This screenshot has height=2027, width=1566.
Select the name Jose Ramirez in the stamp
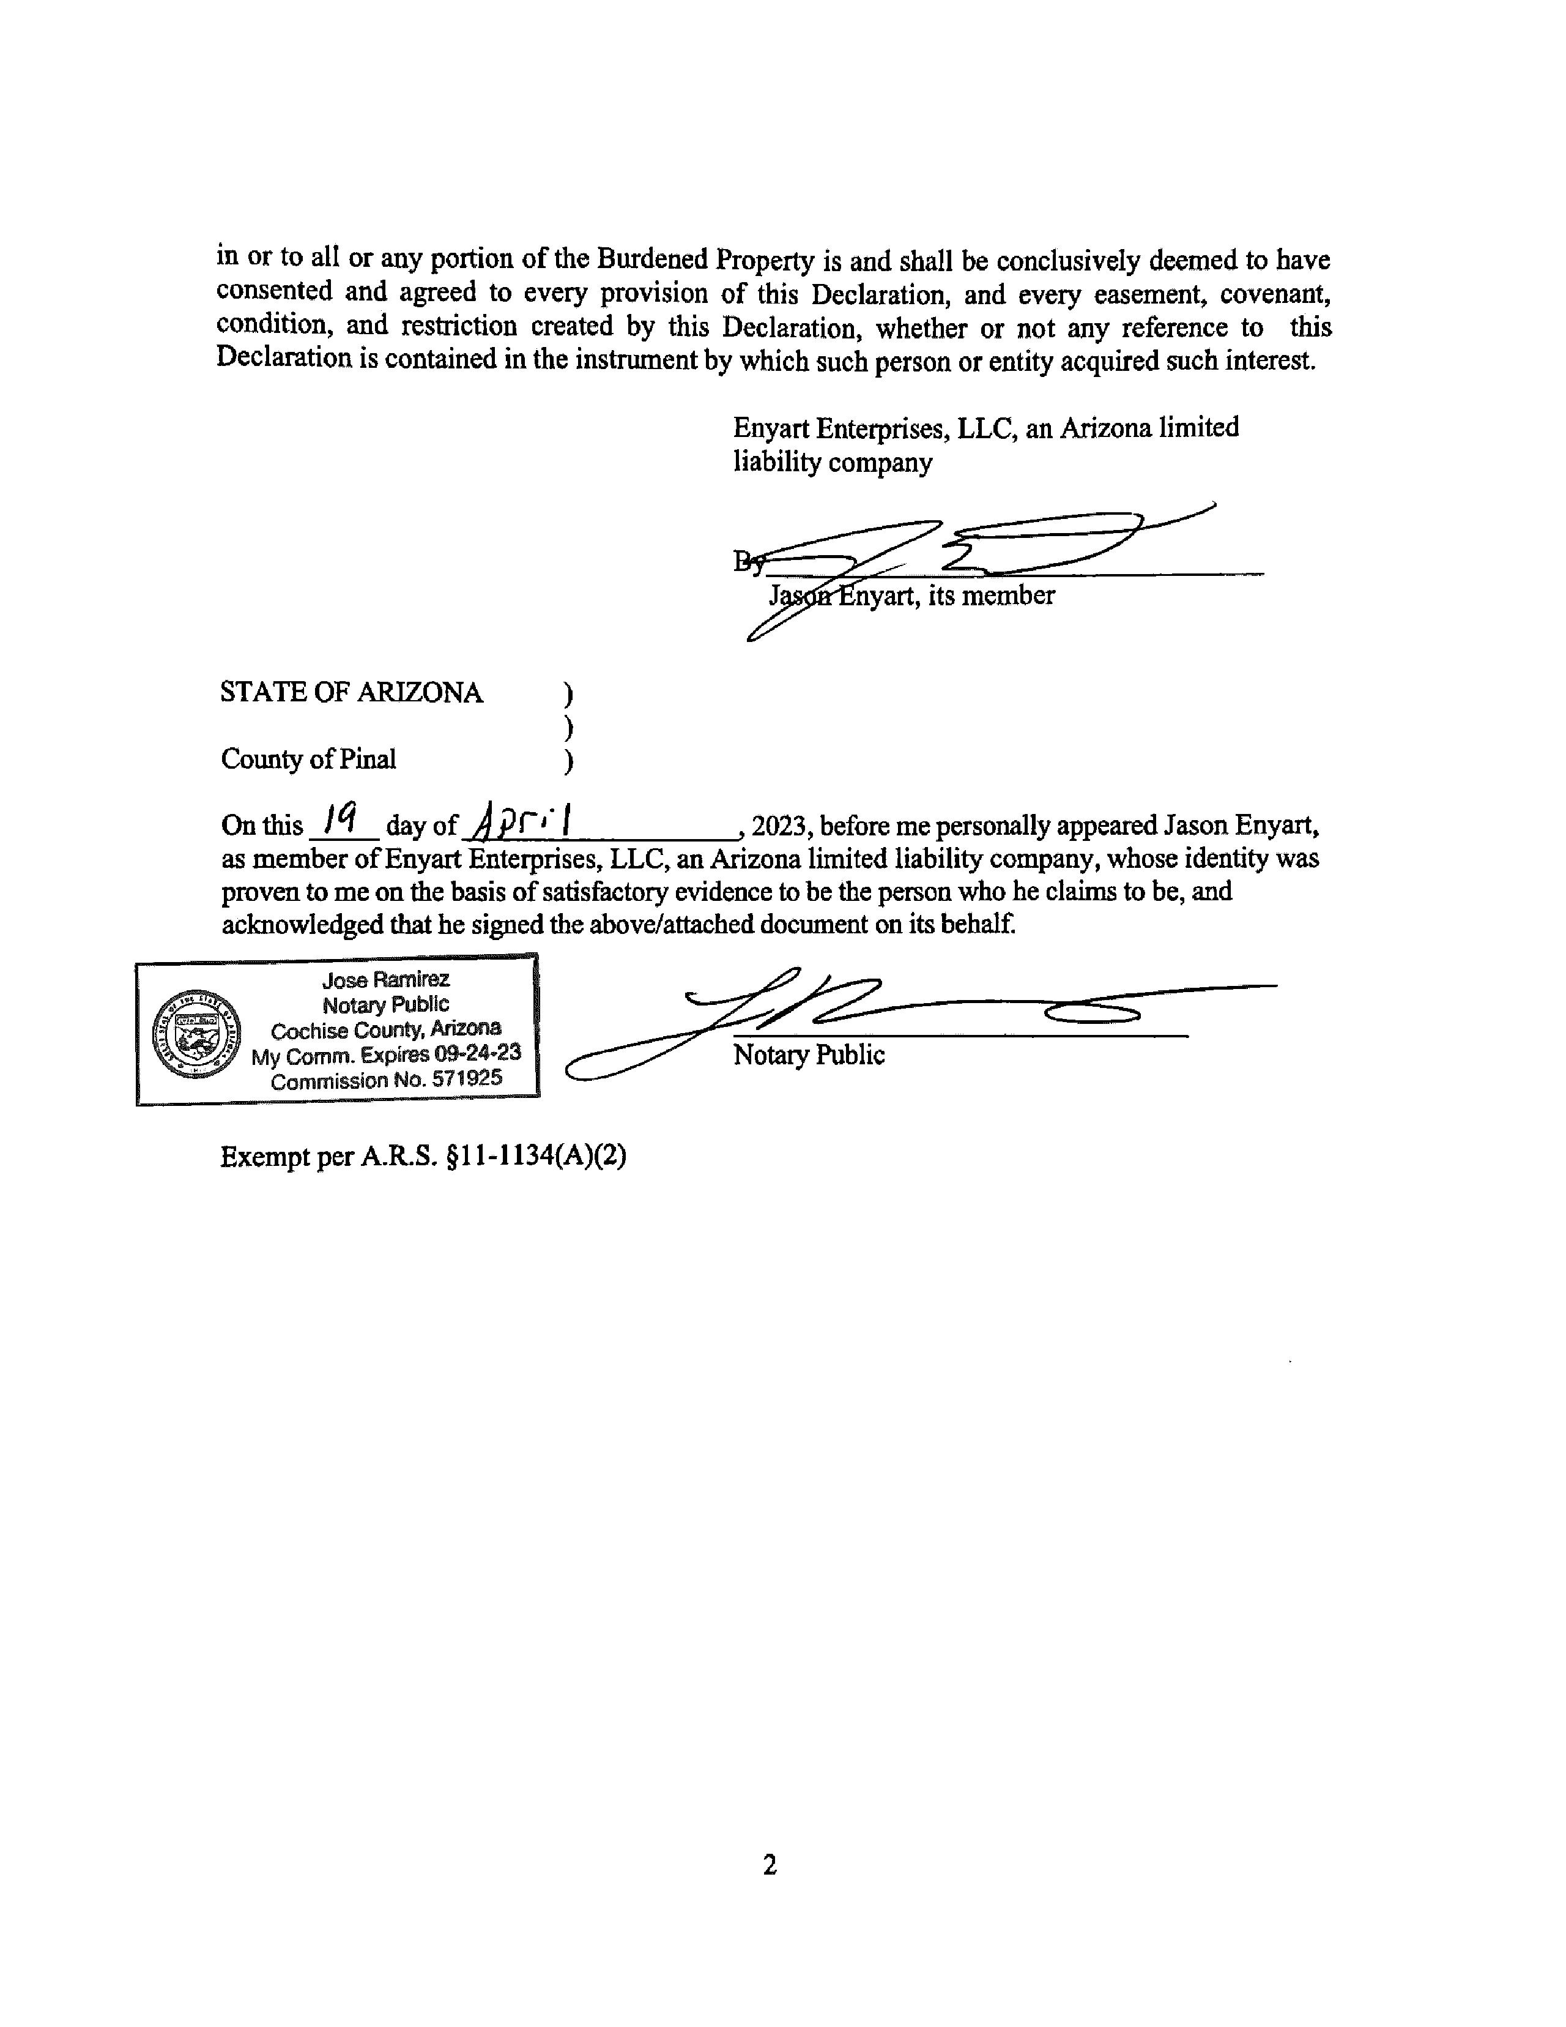[x=386, y=979]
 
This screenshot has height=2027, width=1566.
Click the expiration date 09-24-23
[x=478, y=1053]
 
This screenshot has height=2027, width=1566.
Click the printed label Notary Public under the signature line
[x=808, y=1055]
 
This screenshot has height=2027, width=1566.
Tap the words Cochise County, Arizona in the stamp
[x=386, y=1029]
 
